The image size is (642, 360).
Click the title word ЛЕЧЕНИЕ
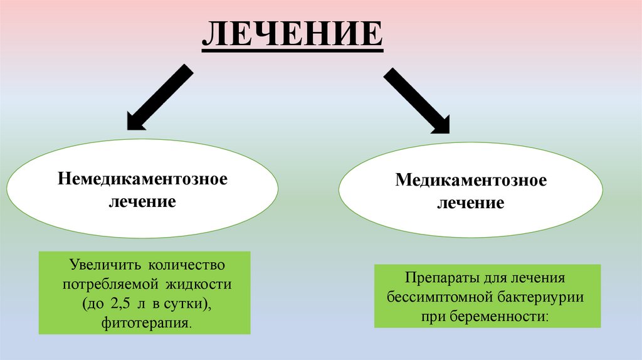pos(292,36)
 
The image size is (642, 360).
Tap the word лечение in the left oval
pos(142,202)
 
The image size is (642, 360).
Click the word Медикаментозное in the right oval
pos(471,181)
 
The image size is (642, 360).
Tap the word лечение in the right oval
pos(471,203)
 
